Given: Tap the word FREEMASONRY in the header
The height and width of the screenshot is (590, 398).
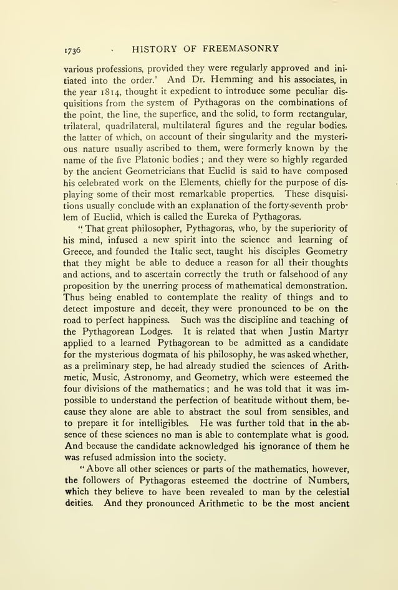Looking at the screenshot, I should coord(237,48).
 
